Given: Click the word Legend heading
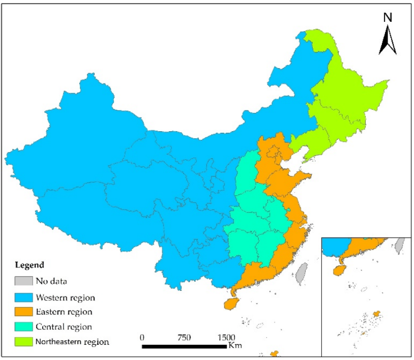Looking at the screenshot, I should (29, 265).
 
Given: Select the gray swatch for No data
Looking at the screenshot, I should (23, 281).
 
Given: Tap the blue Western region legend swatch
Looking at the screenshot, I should (23, 296).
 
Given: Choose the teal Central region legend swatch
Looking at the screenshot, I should (23, 326).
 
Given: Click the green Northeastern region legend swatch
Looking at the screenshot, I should (23, 341).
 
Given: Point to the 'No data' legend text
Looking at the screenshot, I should (51, 281).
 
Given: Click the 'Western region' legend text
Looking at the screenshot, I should (65, 296).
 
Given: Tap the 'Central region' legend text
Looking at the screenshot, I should (64, 326).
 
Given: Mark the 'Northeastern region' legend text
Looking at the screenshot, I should (72, 342).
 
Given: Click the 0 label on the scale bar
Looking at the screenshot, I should (142, 338).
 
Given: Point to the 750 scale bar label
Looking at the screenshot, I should (184, 338).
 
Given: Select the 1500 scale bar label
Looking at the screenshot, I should (226, 338).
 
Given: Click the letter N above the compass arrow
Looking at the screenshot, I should (388, 17).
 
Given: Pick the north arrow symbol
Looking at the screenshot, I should (388, 41).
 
